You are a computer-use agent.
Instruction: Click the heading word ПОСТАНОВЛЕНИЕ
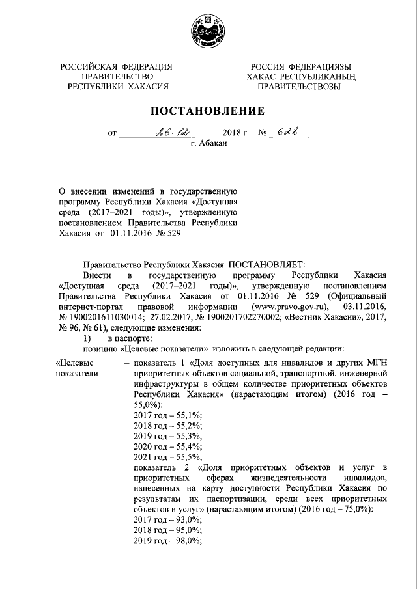[x=208, y=110]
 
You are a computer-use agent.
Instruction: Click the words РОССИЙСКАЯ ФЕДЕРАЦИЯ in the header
[x=117, y=67]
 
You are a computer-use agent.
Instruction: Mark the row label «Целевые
[x=76, y=362]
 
